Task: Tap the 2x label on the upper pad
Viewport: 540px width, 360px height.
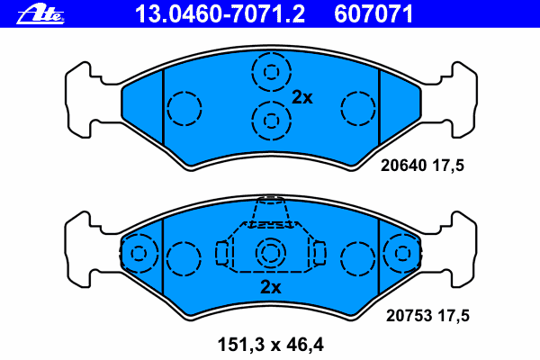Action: (x=301, y=98)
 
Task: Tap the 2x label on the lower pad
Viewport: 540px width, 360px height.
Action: (x=271, y=288)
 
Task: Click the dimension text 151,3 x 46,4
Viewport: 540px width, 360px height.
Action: (x=270, y=343)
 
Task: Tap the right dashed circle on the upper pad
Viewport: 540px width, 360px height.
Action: (x=357, y=109)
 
